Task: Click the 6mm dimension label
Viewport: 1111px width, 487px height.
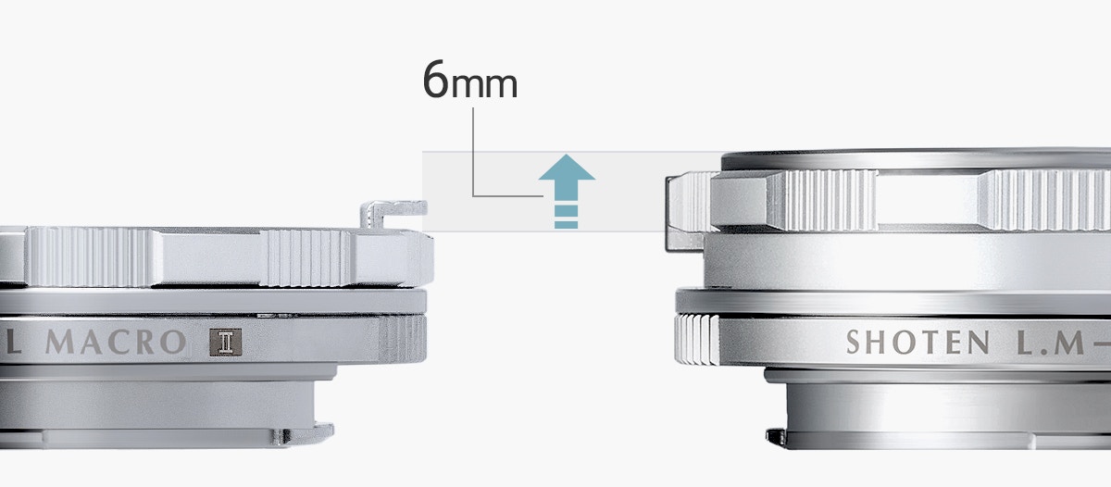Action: [469, 80]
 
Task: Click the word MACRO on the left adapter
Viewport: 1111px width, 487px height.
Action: [116, 342]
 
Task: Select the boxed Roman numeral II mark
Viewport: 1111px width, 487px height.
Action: [225, 343]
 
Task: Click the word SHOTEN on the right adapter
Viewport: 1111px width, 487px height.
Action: [918, 343]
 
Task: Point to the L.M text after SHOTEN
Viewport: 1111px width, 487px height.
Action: [1051, 343]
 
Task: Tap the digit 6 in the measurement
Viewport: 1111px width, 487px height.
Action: [435, 80]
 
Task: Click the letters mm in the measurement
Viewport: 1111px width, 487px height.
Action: [484, 85]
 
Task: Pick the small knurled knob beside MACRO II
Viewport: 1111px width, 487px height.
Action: [402, 339]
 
